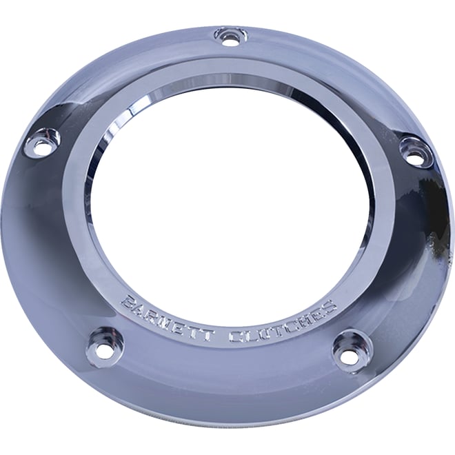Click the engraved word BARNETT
click(165, 318)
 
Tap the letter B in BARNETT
click(128, 302)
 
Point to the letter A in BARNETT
click(140, 308)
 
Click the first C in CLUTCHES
click(234, 336)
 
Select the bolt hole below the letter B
click(103, 347)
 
